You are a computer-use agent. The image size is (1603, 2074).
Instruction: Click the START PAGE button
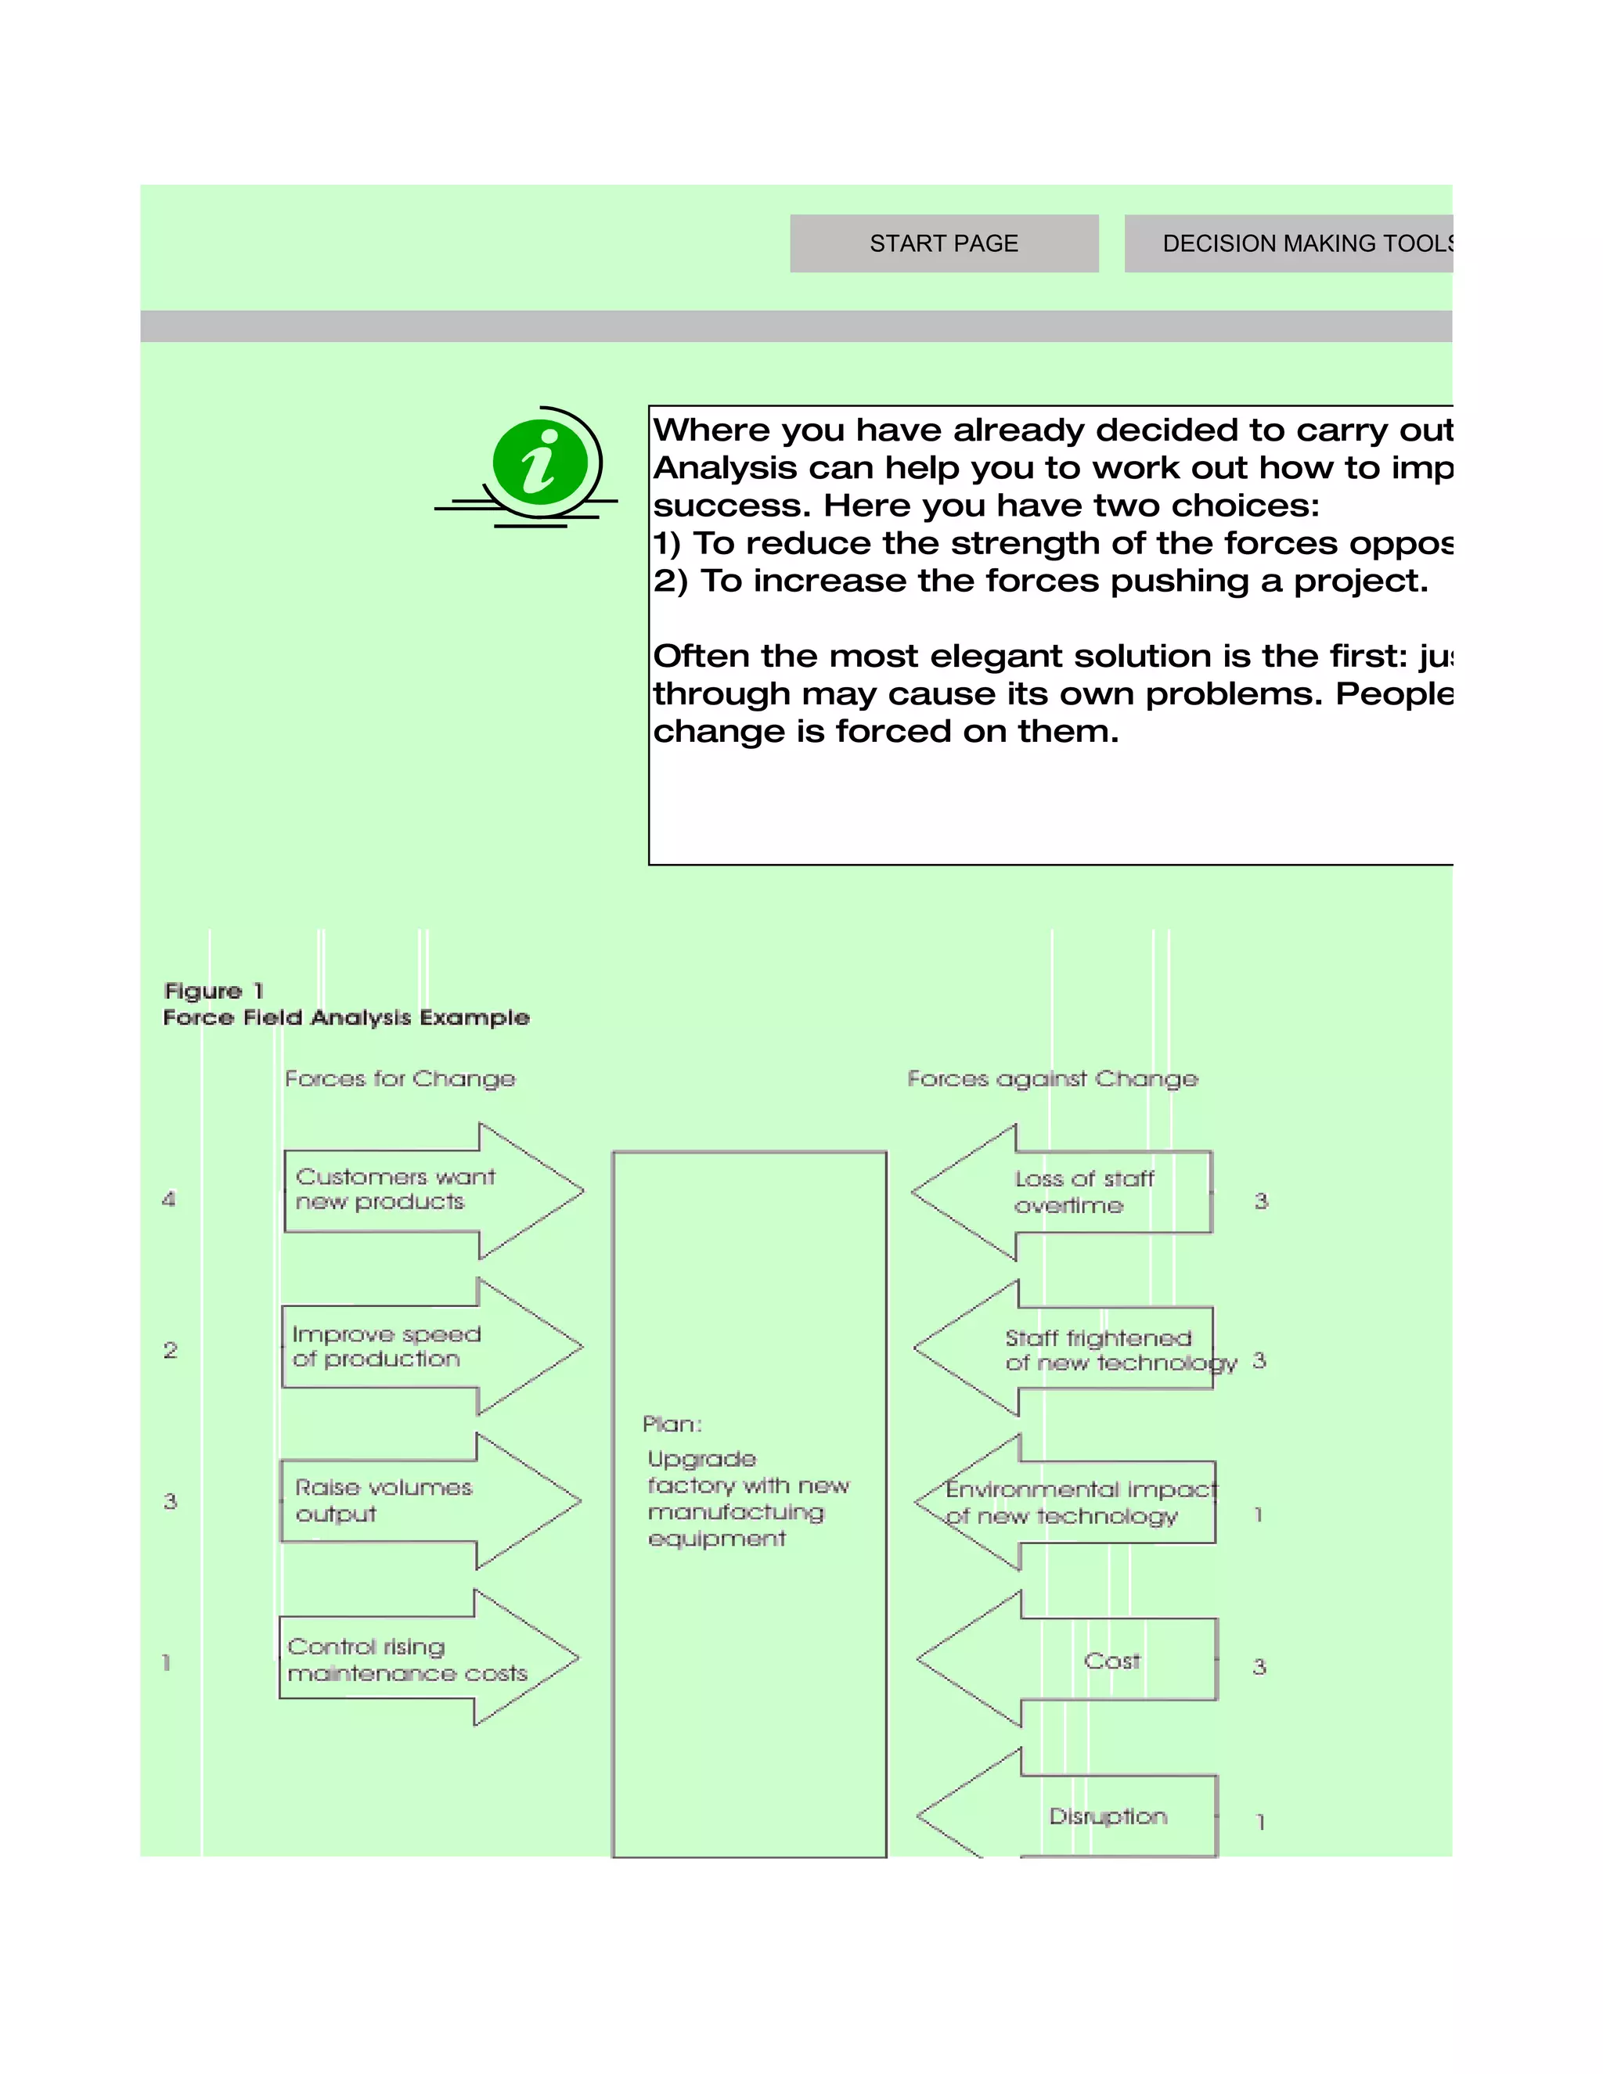click(943, 244)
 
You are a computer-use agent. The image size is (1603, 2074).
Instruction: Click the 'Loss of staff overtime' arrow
click(1064, 1193)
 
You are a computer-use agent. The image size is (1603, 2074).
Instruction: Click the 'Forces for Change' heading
click(400, 1078)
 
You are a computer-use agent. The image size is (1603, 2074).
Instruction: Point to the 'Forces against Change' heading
click(1052, 1078)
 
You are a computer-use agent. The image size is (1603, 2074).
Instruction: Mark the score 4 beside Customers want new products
click(169, 1199)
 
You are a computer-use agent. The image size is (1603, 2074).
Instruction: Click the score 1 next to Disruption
click(1260, 1822)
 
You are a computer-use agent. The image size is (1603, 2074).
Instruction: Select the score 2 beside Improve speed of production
click(170, 1350)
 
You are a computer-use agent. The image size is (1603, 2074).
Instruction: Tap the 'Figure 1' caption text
click(214, 992)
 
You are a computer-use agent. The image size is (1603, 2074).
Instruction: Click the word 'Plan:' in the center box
click(672, 1424)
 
